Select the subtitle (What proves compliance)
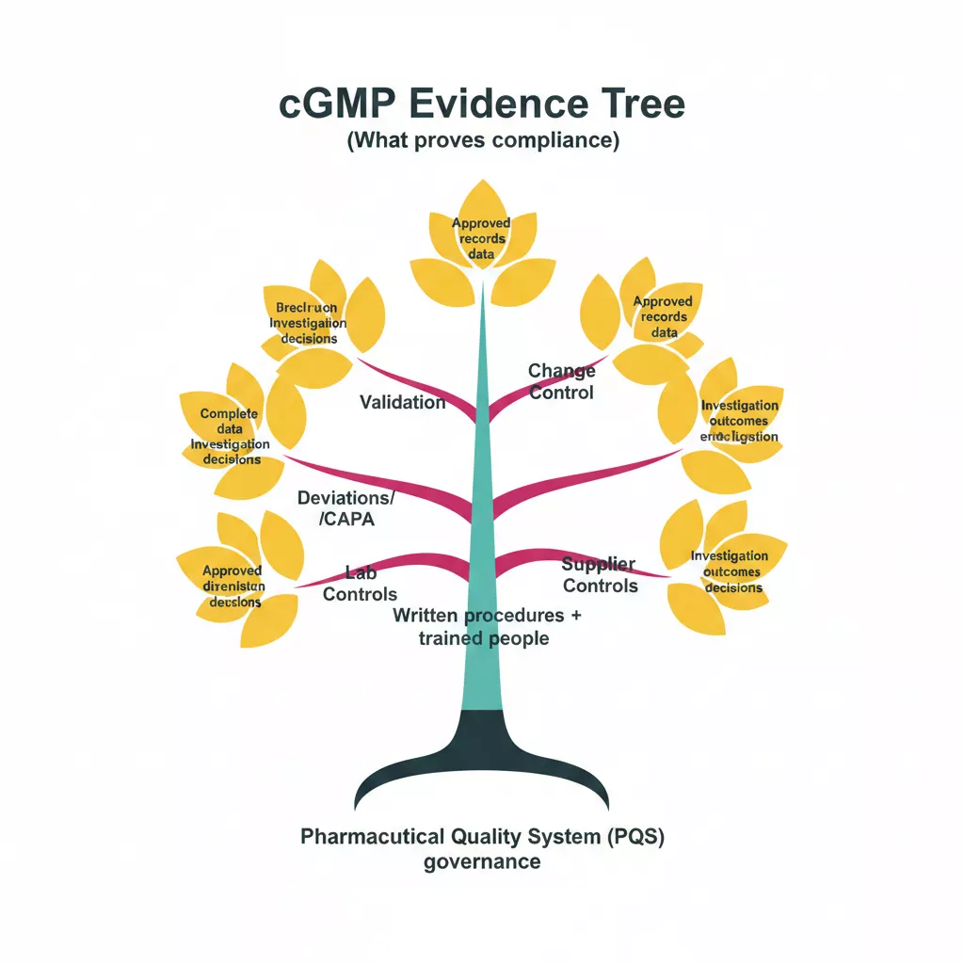pyautogui.click(x=482, y=142)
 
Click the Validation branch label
pyautogui.click(x=402, y=402)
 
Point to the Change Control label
pyautogui.click(x=561, y=382)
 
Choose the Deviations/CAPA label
pyautogui.click(x=345, y=507)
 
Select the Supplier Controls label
pyautogui.click(x=600, y=574)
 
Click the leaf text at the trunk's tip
pyautogui.click(x=481, y=238)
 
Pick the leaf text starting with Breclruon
pyautogui.click(x=306, y=323)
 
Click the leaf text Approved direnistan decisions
pyautogui.click(x=233, y=586)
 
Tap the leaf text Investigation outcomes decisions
pyautogui.click(x=729, y=571)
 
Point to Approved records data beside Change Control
pyautogui.click(x=663, y=316)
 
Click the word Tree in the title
pyautogui.click(x=641, y=104)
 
